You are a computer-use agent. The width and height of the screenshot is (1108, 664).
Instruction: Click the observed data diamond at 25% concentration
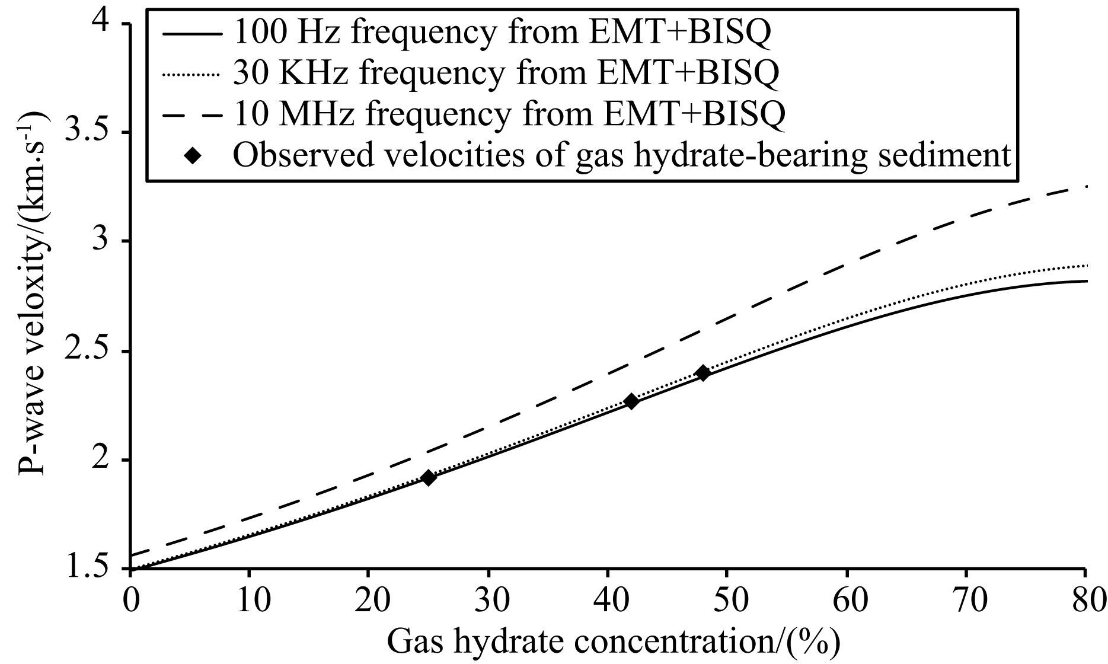(x=428, y=477)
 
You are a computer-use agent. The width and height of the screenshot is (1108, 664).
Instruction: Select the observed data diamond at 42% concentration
(x=631, y=401)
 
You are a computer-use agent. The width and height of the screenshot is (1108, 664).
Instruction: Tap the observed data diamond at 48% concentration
(x=703, y=373)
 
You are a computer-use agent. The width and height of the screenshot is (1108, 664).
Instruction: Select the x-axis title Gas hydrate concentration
(x=614, y=643)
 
